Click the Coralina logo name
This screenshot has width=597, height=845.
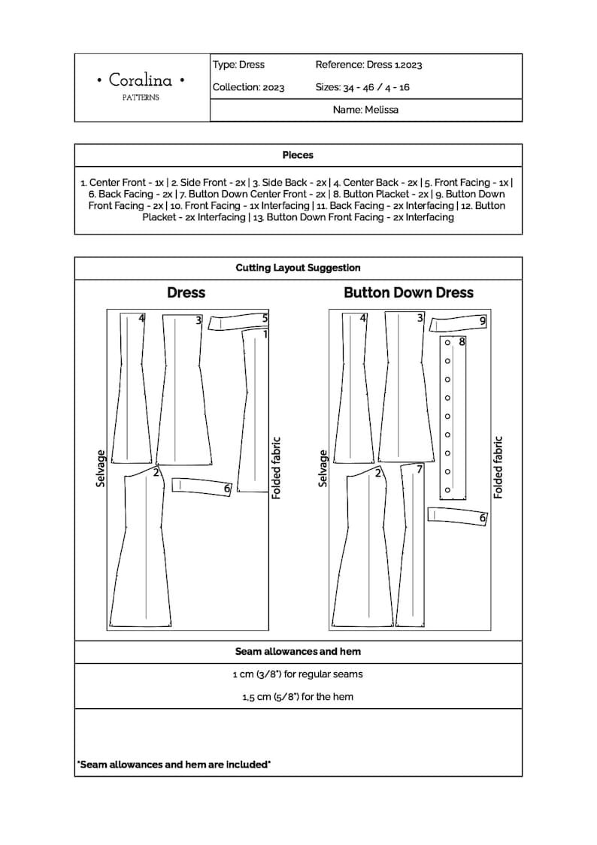(x=141, y=80)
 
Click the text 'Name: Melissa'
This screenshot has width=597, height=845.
(x=365, y=110)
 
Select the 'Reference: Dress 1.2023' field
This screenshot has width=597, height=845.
(x=368, y=65)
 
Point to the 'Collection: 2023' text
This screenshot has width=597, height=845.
(x=248, y=87)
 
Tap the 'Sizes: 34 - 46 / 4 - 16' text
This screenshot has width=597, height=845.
(x=362, y=87)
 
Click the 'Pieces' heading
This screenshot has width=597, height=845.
(x=298, y=155)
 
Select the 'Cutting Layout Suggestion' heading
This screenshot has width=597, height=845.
(x=298, y=268)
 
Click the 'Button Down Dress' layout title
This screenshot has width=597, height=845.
(x=408, y=292)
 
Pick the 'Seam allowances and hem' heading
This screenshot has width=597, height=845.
(x=298, y=652)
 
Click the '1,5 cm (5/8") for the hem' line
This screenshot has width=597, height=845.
(x=298, y=697)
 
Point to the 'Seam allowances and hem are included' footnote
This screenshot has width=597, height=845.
(x=174, y=765)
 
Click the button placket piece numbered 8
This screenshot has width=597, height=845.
(x=453, y=417)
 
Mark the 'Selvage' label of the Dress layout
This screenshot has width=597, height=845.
(x=101, y=468)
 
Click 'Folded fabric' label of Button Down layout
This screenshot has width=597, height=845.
(x=498, y=468)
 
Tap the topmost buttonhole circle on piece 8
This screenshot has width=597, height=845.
(x=447, y=343)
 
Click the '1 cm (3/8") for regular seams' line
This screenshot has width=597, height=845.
(x=298, y=674)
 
